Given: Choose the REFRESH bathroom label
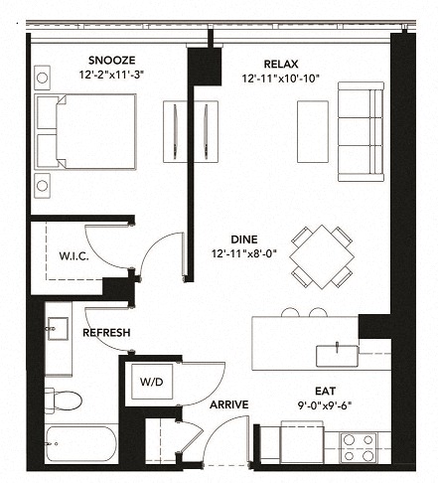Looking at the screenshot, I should [x=107, y=333].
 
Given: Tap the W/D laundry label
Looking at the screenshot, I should [x=151, y=382].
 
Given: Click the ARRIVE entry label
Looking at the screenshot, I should [x=228, y=404].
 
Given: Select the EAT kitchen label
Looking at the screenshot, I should [x=323, y=392].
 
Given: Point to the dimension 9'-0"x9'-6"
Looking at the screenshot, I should [x=323, y=405].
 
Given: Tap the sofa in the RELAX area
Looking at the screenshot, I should [x=360, y=131].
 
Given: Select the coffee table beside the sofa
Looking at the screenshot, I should [x=311, y=130].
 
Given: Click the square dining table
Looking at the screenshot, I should [x=322, y=255].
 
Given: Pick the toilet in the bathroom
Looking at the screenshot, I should [x=64, y=401].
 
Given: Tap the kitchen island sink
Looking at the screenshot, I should [x=337, y=353].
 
